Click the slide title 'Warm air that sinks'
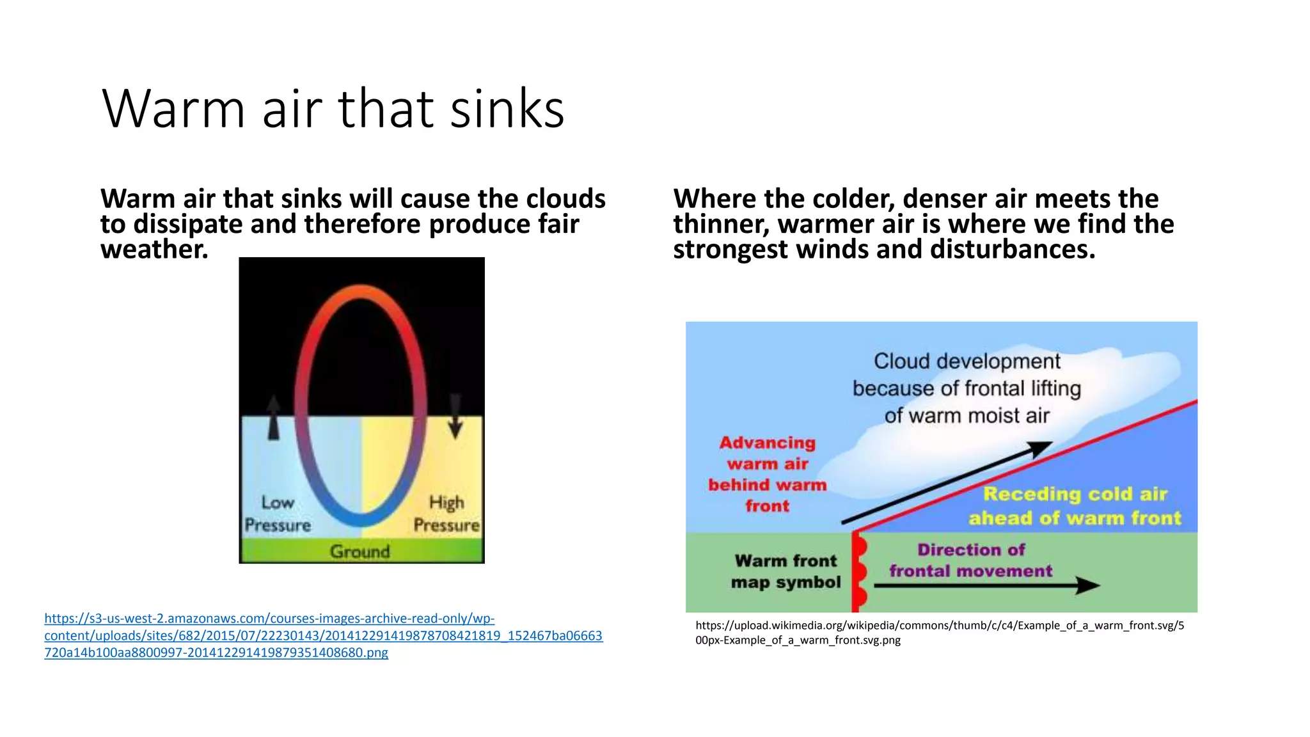click(333, 109)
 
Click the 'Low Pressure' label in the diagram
click(278, 514)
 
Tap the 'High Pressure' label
click(446, 514)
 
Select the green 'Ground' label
click(359, 551)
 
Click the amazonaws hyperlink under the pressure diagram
click(323, 635)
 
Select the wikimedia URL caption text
click(939, 633)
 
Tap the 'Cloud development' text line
click(967, 361)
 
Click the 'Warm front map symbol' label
click(785, 571)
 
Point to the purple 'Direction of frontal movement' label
click(970, 560)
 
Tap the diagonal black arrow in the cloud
click(947, 483)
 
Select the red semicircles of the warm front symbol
click(860, 571)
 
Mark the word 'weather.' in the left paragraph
click(154, 250)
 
